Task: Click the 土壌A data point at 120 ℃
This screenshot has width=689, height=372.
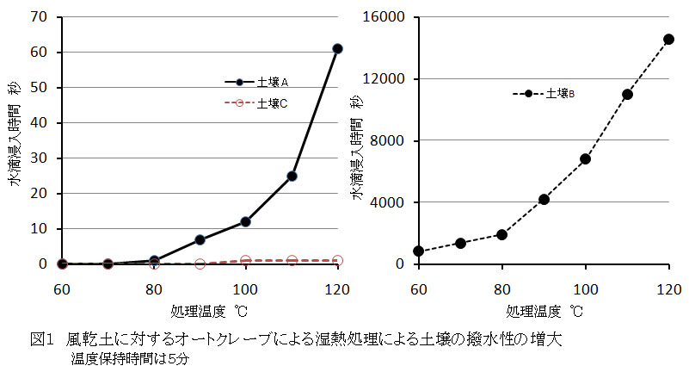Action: (337, 48)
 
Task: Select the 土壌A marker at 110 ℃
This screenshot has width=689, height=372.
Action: (292, 176)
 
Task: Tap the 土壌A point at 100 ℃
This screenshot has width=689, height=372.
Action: (245, 221)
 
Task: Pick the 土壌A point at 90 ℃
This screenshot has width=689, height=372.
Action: (200, 239)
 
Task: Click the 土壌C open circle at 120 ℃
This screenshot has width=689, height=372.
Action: (337, 260)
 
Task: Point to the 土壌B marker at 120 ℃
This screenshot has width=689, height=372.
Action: (668, 39)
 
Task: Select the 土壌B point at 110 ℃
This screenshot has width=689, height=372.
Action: (627, 94)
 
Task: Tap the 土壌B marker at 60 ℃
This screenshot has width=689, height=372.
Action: (418, 251)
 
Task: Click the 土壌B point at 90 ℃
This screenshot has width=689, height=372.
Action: (544, 199)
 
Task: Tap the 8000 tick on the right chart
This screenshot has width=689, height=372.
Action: (392, 140)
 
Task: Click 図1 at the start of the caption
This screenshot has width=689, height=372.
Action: (42, 340)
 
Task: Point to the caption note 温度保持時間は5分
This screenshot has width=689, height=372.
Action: (129, 359)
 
